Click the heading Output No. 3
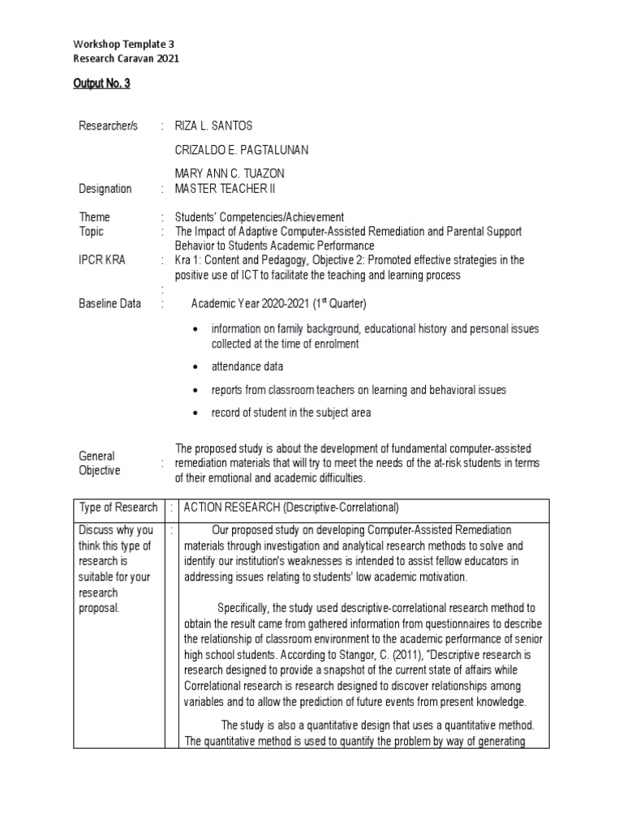click(x=101, y=83)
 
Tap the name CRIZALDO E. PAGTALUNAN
click(x=241, y=150)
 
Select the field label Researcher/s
click(x=109, y=126)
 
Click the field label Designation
click(x=105, y=189)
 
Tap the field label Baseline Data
click(x=110, y=304)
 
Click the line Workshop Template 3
click(x=123, y=44)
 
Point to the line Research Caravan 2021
click(x=126, y=58)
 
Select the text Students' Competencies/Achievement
click(x=260, y=217)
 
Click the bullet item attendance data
click(x=247, y=367)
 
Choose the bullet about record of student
click(x=291, y=413)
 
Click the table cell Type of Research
click(x=118, y=507)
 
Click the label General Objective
click(x=100, y=463)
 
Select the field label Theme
click(x=94, y=217)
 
